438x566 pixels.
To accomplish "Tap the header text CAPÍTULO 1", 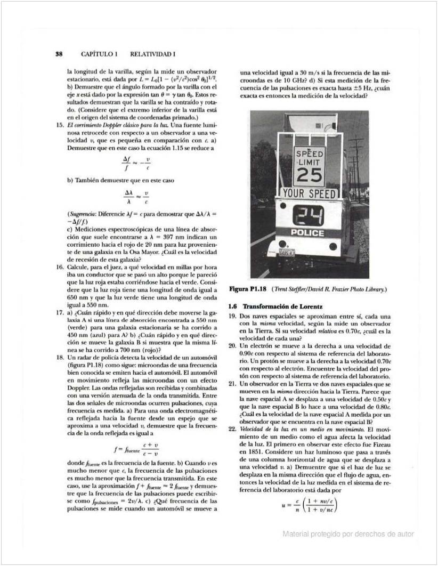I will [99, 54].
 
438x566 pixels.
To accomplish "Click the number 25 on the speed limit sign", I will [310, 175].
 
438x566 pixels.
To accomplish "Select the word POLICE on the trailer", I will [307, 233].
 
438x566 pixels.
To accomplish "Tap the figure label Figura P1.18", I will [248, 289].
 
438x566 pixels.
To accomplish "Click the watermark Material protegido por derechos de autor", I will [348, 534].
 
